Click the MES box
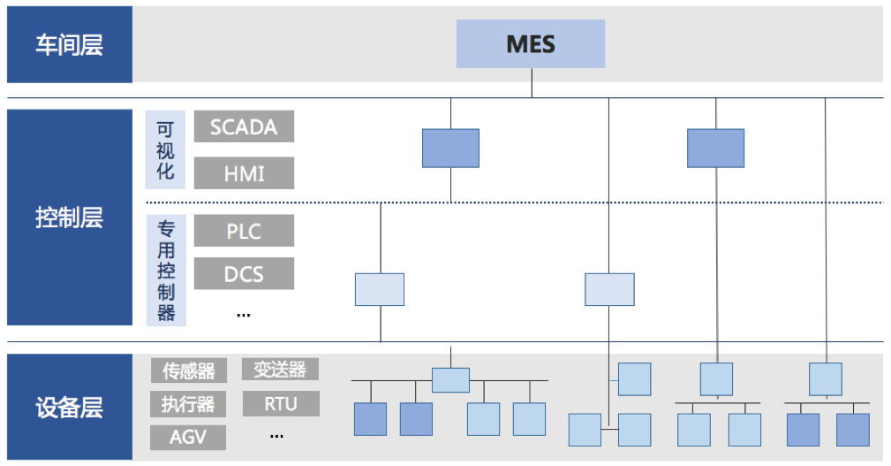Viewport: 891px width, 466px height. (x=531, y=44)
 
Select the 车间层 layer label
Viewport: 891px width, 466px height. (x=69, y=45)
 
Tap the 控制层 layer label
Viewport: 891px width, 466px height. (x=69, y=218)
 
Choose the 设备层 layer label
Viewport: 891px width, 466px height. (x=69, y=408)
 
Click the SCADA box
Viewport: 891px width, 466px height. (x=244, y=127)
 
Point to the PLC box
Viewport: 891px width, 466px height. (x=244, y=232)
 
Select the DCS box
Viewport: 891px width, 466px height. (x=244, y=274)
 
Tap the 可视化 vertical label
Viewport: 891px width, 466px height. (x=165, y=149)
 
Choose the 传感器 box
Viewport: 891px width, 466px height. (x=188, y=370)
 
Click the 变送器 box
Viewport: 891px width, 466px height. (x=279, y=369)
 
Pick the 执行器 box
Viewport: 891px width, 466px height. (x=188, y=404)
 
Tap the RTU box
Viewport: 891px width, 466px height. (x=279, y=404)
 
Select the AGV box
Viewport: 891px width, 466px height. (x=188, y=437)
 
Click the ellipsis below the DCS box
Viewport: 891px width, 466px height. (x=244, y=314)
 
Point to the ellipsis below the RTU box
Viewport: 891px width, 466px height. (x=276, y=436)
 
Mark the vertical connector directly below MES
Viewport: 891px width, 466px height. (x=532, y=83)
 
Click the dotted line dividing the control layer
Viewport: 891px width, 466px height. (x=618, y=202)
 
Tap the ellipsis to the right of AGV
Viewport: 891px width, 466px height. (x=276, y=436)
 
